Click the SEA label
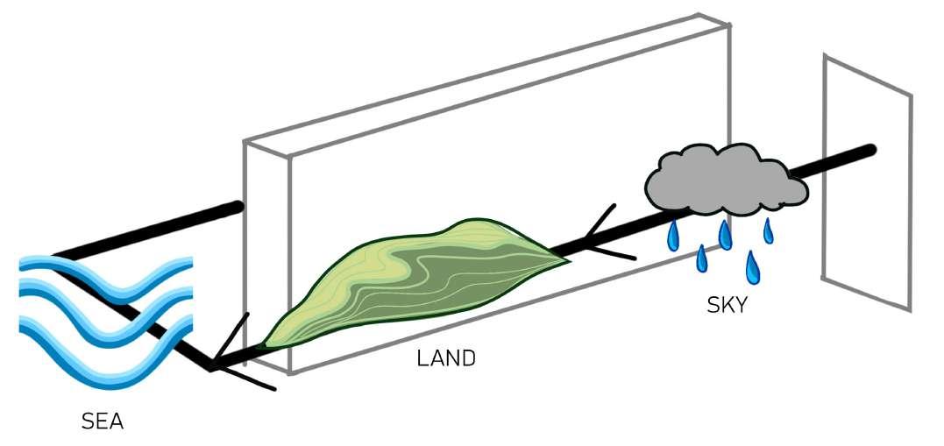pos(103,422)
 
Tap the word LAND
pos(445,358)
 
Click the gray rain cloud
pos(724,181)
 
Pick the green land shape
pos(412,280)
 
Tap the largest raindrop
pos(752,268)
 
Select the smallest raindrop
pos(769,231)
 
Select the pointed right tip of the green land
pos(566,259)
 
